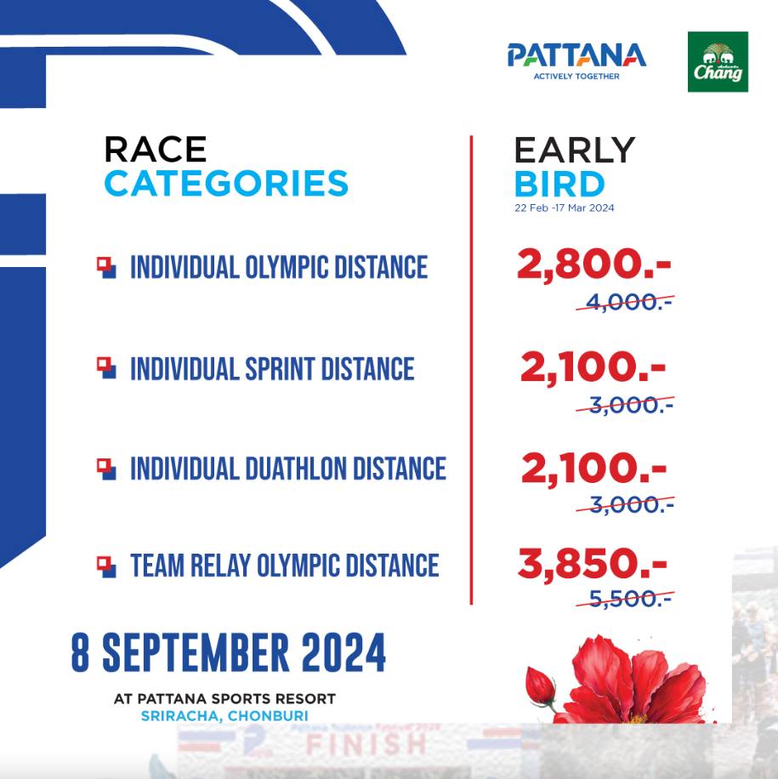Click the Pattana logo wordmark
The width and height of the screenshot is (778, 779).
(576, 54)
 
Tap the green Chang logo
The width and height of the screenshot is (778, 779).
(718, 61)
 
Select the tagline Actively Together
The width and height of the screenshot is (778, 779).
(576, 77)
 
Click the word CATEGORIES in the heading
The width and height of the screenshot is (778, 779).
(226, 184)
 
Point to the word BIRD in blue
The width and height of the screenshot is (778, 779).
(559, 184)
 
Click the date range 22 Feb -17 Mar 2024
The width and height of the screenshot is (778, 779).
(565, 208)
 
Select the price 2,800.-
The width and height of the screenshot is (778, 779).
(593, 264)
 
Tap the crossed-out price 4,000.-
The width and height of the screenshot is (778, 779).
(625, 302)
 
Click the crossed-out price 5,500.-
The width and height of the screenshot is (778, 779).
(625, 599)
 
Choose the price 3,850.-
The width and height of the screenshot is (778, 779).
(592, 563)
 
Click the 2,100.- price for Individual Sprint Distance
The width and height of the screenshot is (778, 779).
(593, 367)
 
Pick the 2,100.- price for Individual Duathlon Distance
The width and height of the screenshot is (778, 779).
(593, 468)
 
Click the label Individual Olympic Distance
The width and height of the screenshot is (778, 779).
(279, 267)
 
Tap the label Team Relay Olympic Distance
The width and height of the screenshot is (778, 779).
(285, 566)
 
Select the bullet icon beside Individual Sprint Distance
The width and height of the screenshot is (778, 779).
(106, 368)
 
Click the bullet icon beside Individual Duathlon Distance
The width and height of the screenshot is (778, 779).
(106, 469)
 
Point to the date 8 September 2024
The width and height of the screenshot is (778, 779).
(228, 653)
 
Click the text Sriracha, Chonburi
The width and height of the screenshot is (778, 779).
(224, 716)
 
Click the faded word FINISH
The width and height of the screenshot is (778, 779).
(366, 745)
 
